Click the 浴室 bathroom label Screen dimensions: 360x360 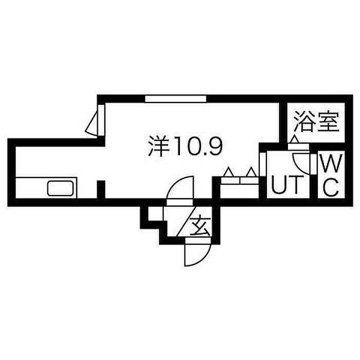(x=317, y=121)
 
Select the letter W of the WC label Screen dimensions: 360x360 (x=331, y=164)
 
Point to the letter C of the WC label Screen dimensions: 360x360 (x=331, y=187)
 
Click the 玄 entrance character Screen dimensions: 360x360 (x=200, y=225)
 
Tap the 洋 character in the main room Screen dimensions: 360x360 (x=159, y=146)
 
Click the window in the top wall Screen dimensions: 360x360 (x=176, y=99)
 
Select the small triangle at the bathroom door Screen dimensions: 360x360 (x=295, y=139)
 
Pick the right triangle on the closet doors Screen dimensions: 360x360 (x=251, y=172)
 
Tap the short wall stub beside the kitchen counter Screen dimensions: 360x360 (x=101, y=189)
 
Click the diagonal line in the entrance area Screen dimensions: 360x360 (x=187, y=221)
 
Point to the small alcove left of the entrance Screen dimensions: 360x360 (x=155, y=214)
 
